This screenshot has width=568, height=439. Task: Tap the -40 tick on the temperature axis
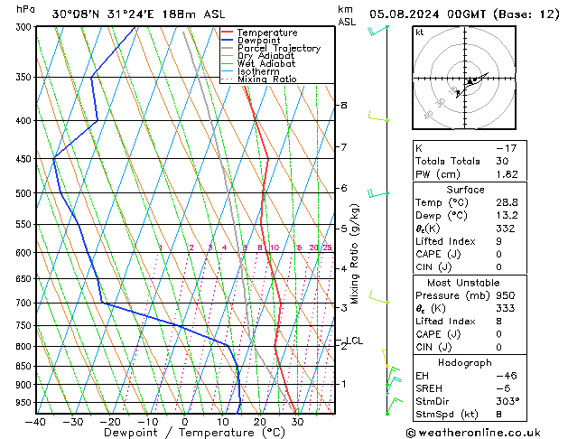pyautogui.click(x=35, y=421)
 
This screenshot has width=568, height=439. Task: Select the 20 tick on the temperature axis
pyautogui.click(x=259, y=421)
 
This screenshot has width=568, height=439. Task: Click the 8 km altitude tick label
pyautogui.click(x=343, y=106)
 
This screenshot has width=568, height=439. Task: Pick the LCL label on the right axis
pyautogui.click(x=355, y=341)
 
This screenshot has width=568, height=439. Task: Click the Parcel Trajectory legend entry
pyautogui.click(x=278, y=48)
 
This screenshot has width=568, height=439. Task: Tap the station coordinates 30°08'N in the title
pyautogui.click(x=77, y=14)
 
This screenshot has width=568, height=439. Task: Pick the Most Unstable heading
pyautogui.click(x=464, y=283)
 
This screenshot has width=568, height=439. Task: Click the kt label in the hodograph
pyautogui.click(x=419, y=32)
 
